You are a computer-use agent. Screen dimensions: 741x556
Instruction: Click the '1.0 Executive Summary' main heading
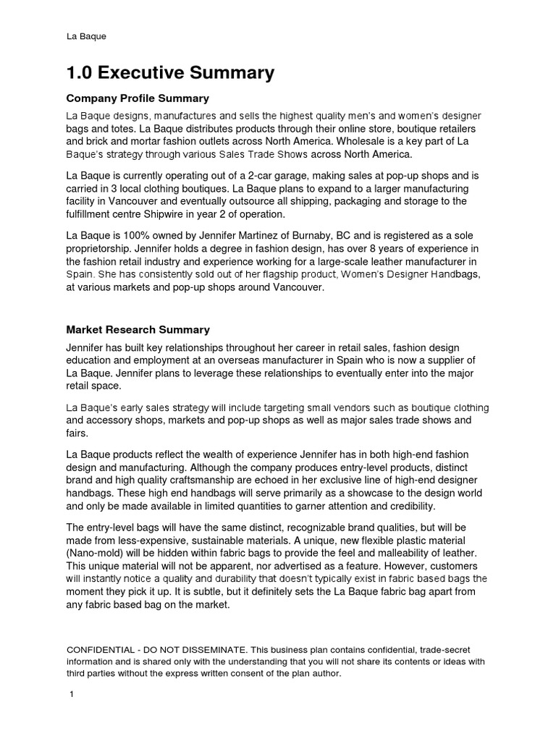170,73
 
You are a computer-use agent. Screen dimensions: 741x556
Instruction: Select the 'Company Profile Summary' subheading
138,98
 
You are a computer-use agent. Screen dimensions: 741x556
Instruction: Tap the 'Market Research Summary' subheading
138,330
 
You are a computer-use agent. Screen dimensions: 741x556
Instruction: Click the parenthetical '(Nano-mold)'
96,554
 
